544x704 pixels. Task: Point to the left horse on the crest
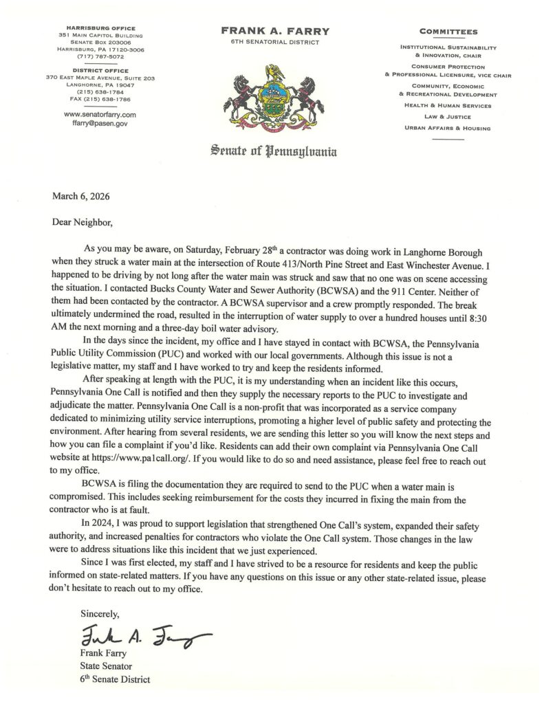(x=237, y=96)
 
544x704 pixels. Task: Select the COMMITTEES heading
(x=448, y=32)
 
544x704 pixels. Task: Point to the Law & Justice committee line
(x=448, y=118)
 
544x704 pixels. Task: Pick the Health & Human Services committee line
(x=448, y=106)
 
